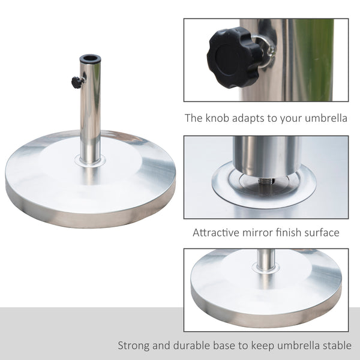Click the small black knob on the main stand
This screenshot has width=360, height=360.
tap(77, 82)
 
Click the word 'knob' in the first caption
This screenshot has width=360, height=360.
tap(229, 118)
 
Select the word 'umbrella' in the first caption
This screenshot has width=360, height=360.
tap(323, 118)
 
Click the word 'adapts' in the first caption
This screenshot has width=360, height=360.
tap(263, 118)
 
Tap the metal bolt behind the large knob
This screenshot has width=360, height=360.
tap(266, 48)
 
